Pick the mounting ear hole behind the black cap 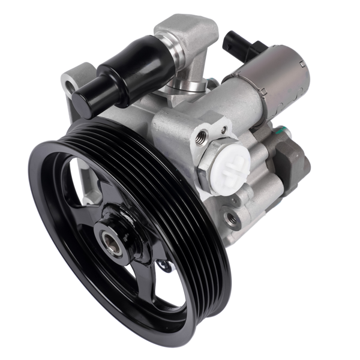71,88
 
